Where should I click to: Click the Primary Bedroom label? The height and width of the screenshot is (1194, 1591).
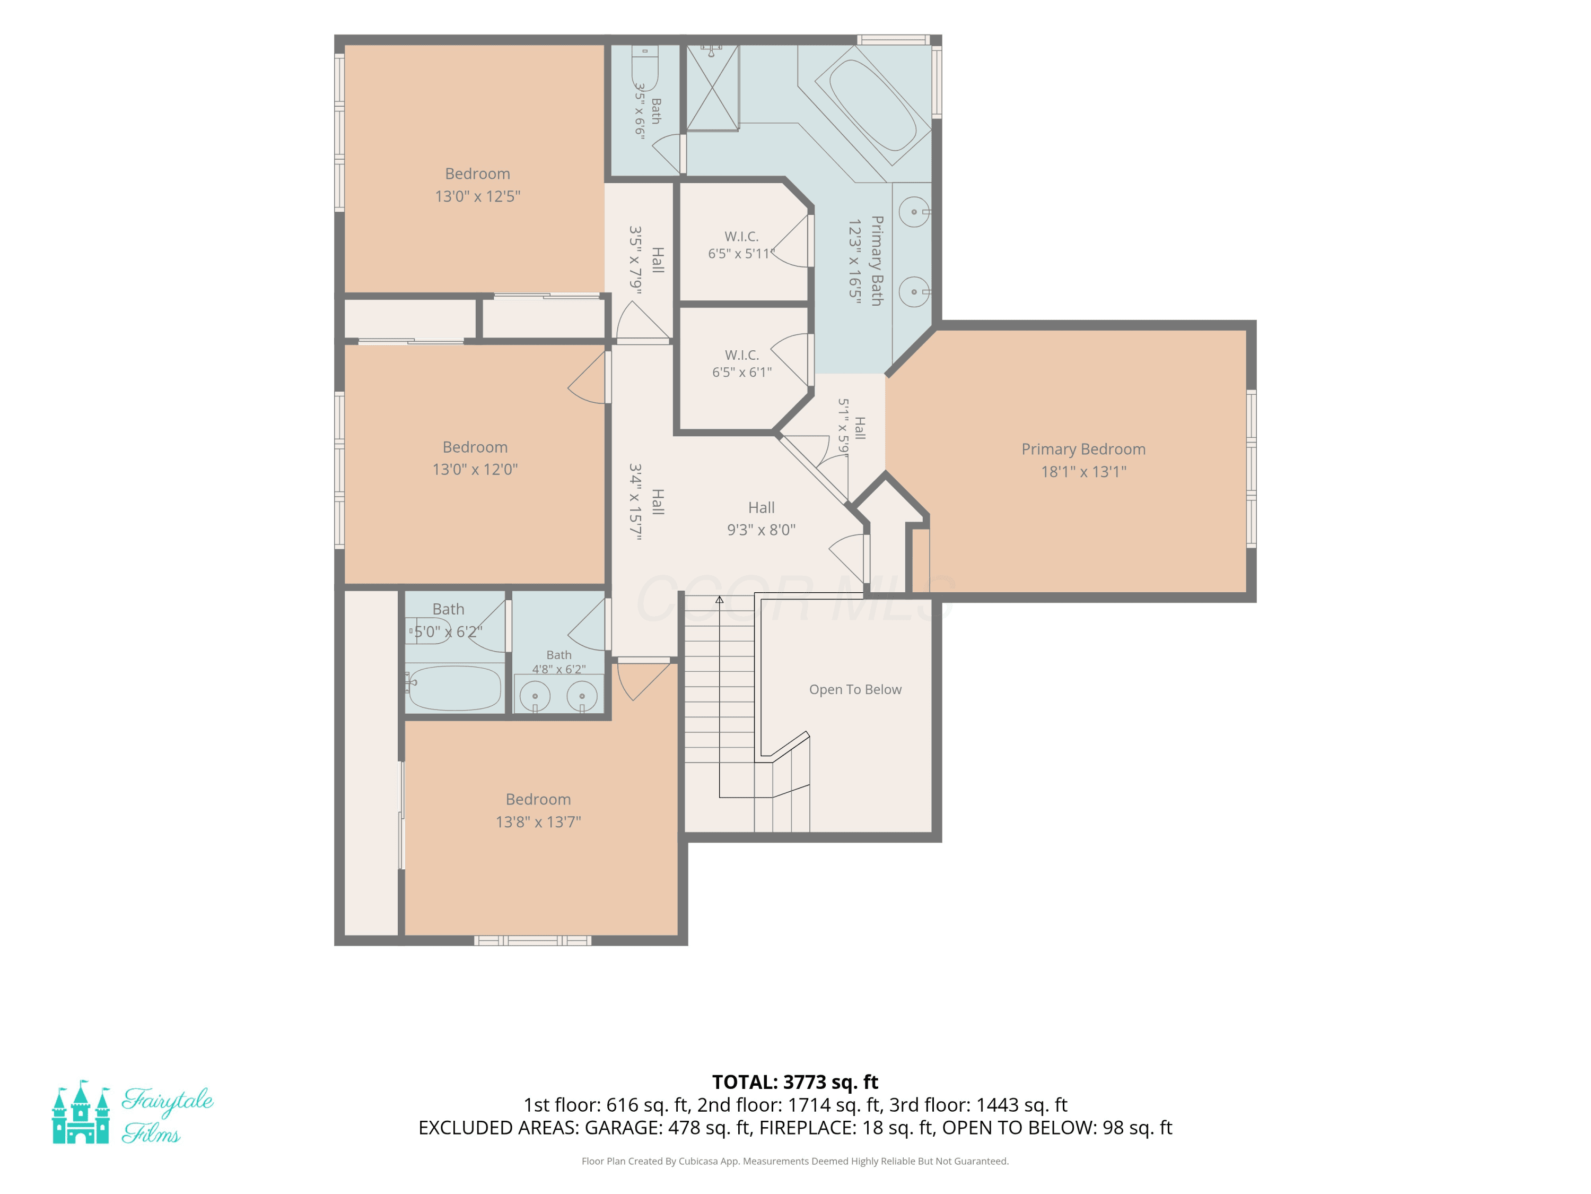coord(1083,449)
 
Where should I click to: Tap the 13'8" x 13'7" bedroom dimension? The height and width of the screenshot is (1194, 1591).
coord(538,822)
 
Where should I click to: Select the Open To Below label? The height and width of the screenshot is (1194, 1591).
coord(855,689)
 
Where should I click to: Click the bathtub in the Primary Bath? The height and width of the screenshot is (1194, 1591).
coord(873,106)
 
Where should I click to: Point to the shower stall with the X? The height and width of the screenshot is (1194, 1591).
coord(712,88)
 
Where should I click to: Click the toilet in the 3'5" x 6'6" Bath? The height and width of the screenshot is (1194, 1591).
coord(644,69)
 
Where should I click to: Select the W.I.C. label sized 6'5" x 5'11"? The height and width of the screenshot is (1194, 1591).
coord(741,245)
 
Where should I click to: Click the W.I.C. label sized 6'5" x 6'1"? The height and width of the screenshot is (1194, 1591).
coord(741,364)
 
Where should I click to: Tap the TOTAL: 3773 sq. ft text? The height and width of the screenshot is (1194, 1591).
coord(795,1083)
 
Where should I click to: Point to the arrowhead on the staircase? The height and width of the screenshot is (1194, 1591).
coord(719,600)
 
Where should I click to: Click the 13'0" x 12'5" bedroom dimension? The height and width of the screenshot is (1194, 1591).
coord(478,196)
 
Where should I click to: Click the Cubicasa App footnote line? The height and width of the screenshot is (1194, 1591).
coord(795,1161)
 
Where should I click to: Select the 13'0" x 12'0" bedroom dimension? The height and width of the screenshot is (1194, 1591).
coord(475,469)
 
